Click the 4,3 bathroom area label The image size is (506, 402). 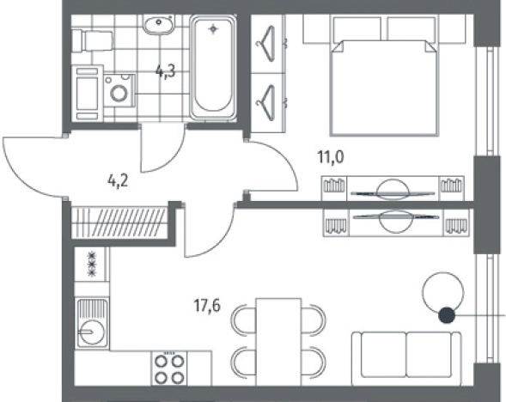coord(165,71)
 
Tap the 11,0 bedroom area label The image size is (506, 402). coord(331,157)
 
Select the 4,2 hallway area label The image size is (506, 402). coord(118,181)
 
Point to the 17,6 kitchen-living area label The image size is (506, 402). coord(207,306)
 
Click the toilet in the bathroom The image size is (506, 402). coord(92,41)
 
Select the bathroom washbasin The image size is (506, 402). coord(159,25)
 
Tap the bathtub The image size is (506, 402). coord(213,68)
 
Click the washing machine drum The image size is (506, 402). coord(119,93)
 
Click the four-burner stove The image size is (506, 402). coord(169,368)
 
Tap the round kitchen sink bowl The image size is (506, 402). coord(92,332)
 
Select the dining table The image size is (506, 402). coord(278,342)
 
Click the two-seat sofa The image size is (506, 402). coord(406,359)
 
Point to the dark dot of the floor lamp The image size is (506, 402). coord(447,315)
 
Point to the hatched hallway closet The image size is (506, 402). coord(119,222)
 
